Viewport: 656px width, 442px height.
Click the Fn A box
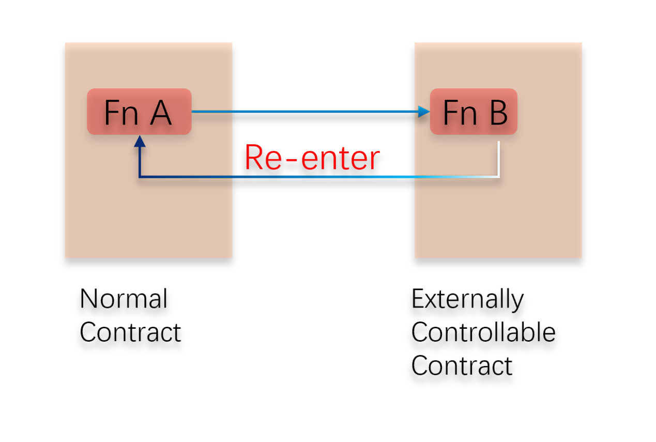click(139, 112)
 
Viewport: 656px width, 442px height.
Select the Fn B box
click(474, 112)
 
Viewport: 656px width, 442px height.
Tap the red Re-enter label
click(312, 158)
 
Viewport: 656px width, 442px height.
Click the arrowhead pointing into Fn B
click(424, 111)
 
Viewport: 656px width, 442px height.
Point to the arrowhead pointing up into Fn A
click(139, 141)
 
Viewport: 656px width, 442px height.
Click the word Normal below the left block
click(124, 299)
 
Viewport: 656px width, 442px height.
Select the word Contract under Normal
click(130, 332)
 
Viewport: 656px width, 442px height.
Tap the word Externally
click(467, 299)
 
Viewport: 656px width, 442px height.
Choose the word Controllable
click(483, 332)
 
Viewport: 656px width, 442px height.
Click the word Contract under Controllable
click(462, 365)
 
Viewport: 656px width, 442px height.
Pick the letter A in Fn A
click(161, 113)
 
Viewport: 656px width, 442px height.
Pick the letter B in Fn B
click(498, 113)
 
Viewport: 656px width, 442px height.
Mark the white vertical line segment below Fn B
click(499, 158)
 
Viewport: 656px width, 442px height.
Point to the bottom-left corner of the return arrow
click(140, 177)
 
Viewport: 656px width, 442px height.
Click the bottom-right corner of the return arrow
click(499, 177)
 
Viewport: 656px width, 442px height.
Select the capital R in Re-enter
click(255, 158)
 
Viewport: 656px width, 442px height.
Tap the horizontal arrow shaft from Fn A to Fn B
click(305, 111)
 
